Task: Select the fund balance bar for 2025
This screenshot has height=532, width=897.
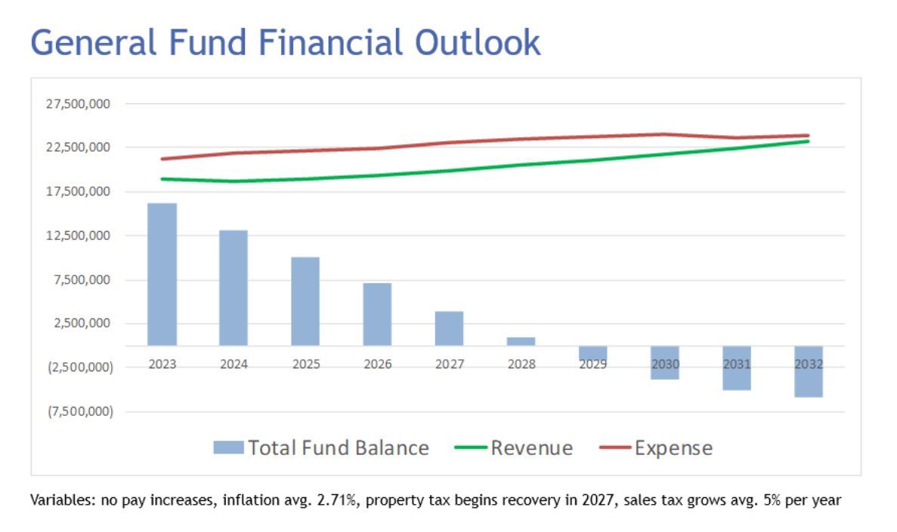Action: pyautogui.click(x=305, y=301)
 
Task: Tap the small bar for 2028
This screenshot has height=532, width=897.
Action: pyautogui.click(x=521, y=341)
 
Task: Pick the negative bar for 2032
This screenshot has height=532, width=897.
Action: pyautogui.click(x=808, y=371)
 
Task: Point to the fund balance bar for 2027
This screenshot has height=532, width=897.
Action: pyautogui.click(x=449, y=328)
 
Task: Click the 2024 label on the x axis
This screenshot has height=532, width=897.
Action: pyautogui.click(x=234, y=364)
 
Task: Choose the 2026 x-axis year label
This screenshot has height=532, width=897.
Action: pyautogui.click(x=377, y=364)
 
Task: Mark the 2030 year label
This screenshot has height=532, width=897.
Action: pyautogui.click(x=665, y=364)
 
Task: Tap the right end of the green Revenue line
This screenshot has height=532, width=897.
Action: pyautogui.click(x=807, y=141)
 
